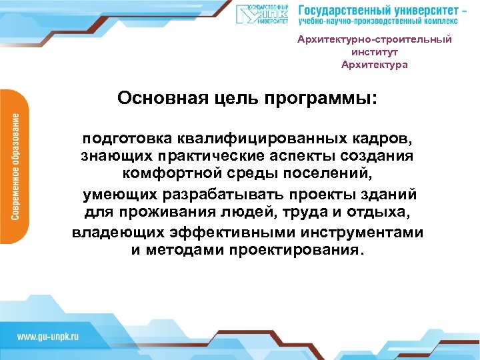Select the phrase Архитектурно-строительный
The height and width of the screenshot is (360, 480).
pyautogui.click(x=374, y=39)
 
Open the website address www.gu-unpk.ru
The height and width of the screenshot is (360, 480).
pyautogui.click(x=47, y=335)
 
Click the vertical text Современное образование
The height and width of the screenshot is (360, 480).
pyautogui.click(x=15, y=167)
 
